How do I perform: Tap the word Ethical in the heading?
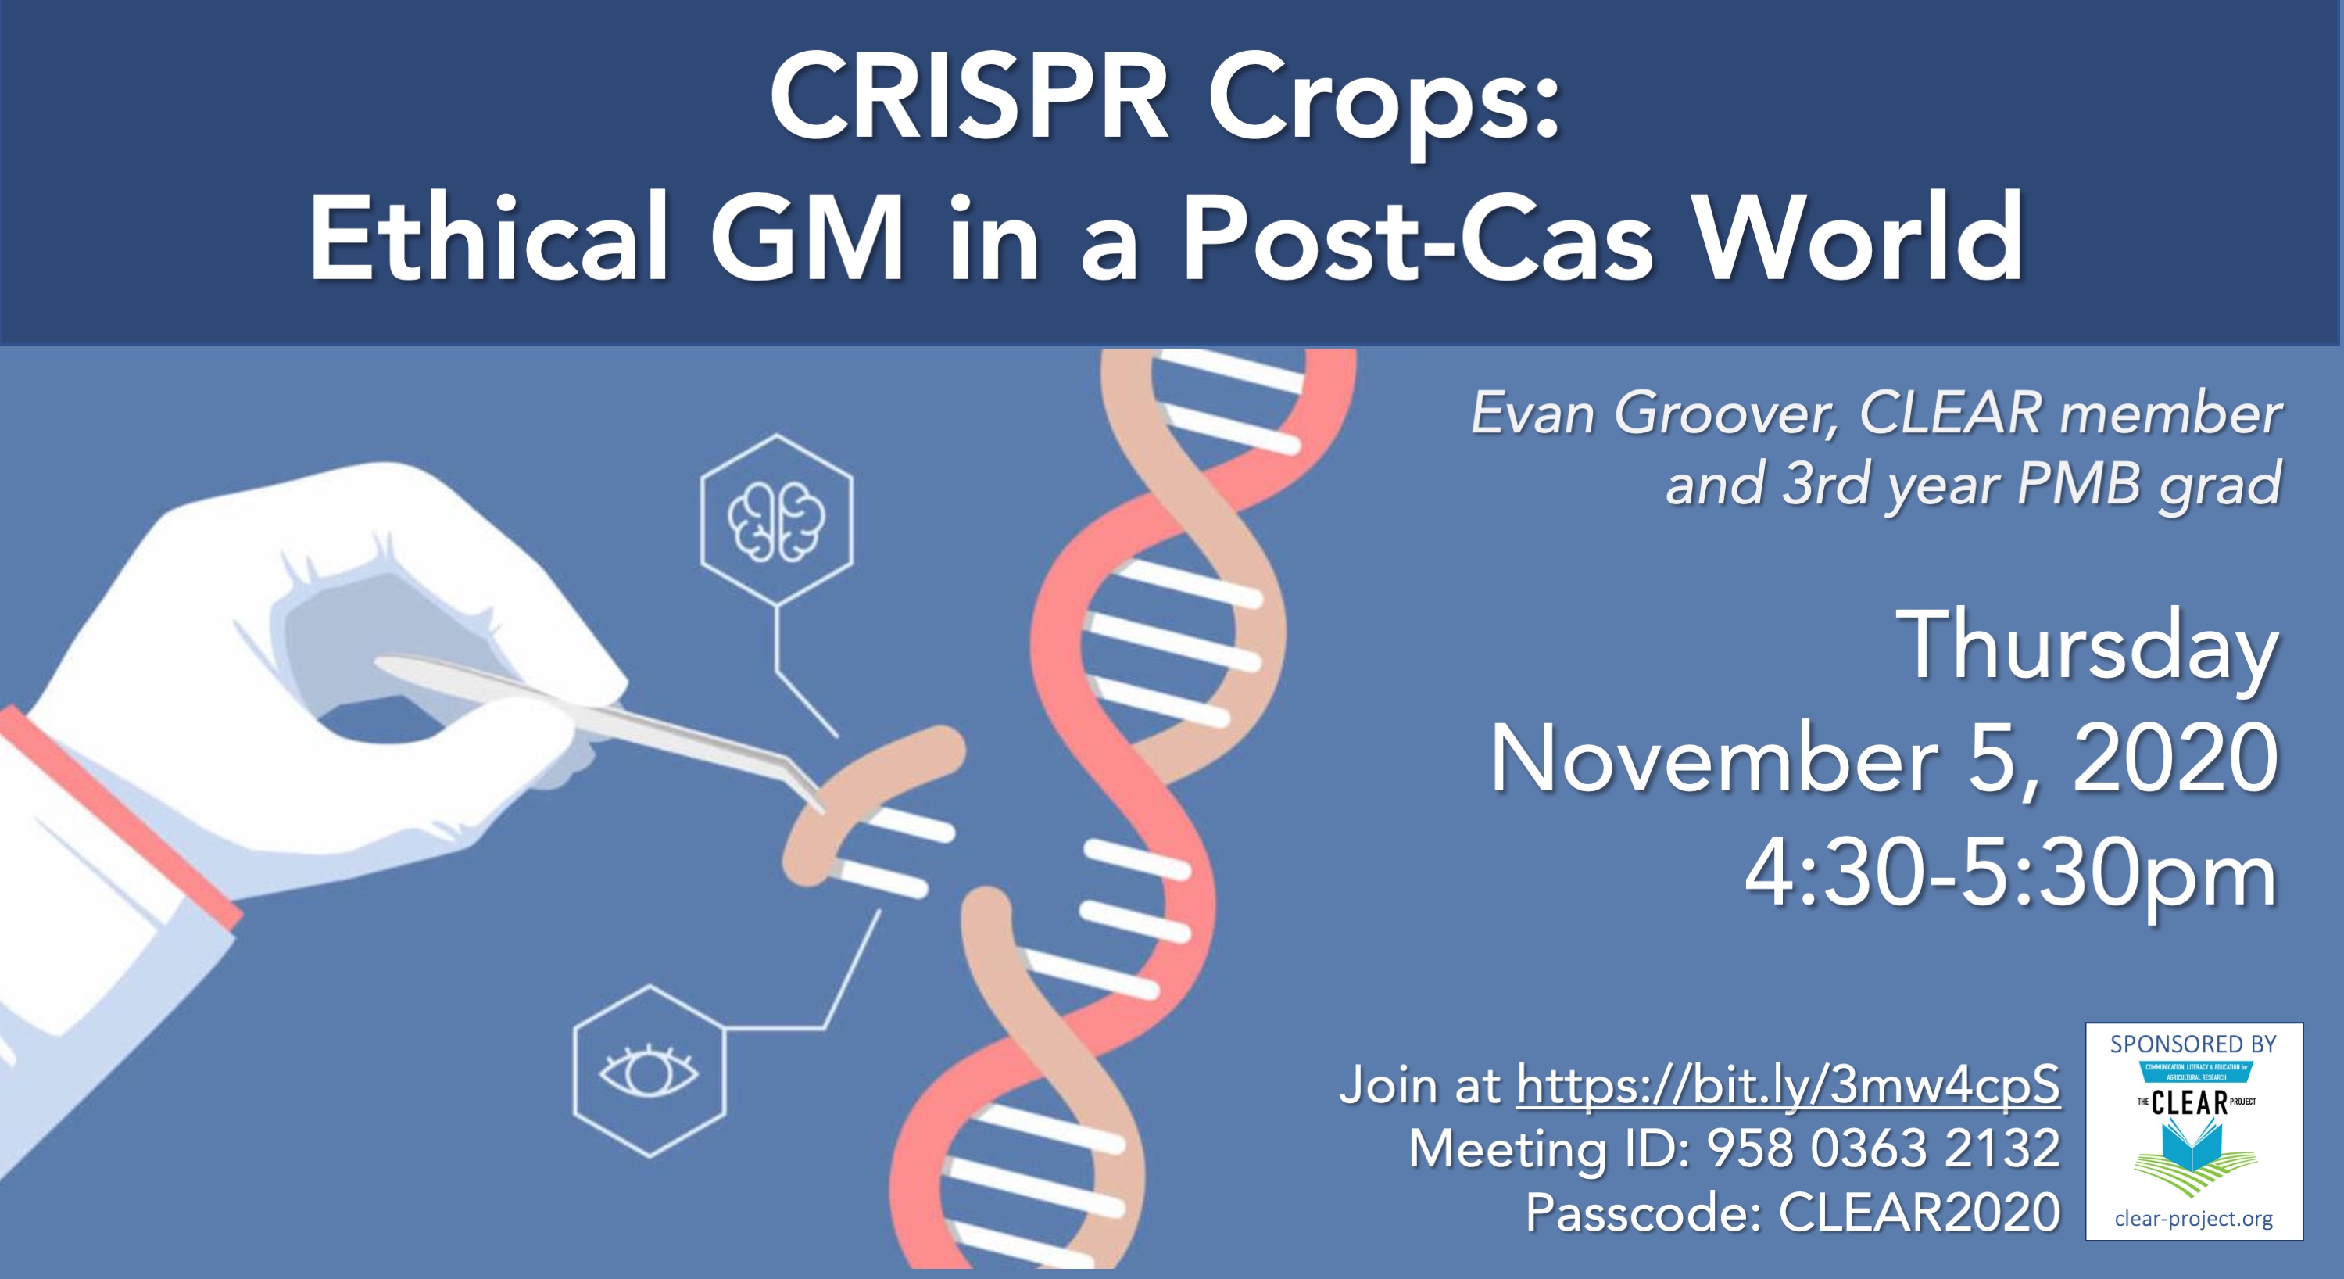488,238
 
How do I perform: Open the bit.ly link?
1788,1085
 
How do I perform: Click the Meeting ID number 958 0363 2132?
1884,1148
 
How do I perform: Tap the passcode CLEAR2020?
1919,1212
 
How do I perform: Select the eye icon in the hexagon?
649,1073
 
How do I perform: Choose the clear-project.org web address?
2193,1218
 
